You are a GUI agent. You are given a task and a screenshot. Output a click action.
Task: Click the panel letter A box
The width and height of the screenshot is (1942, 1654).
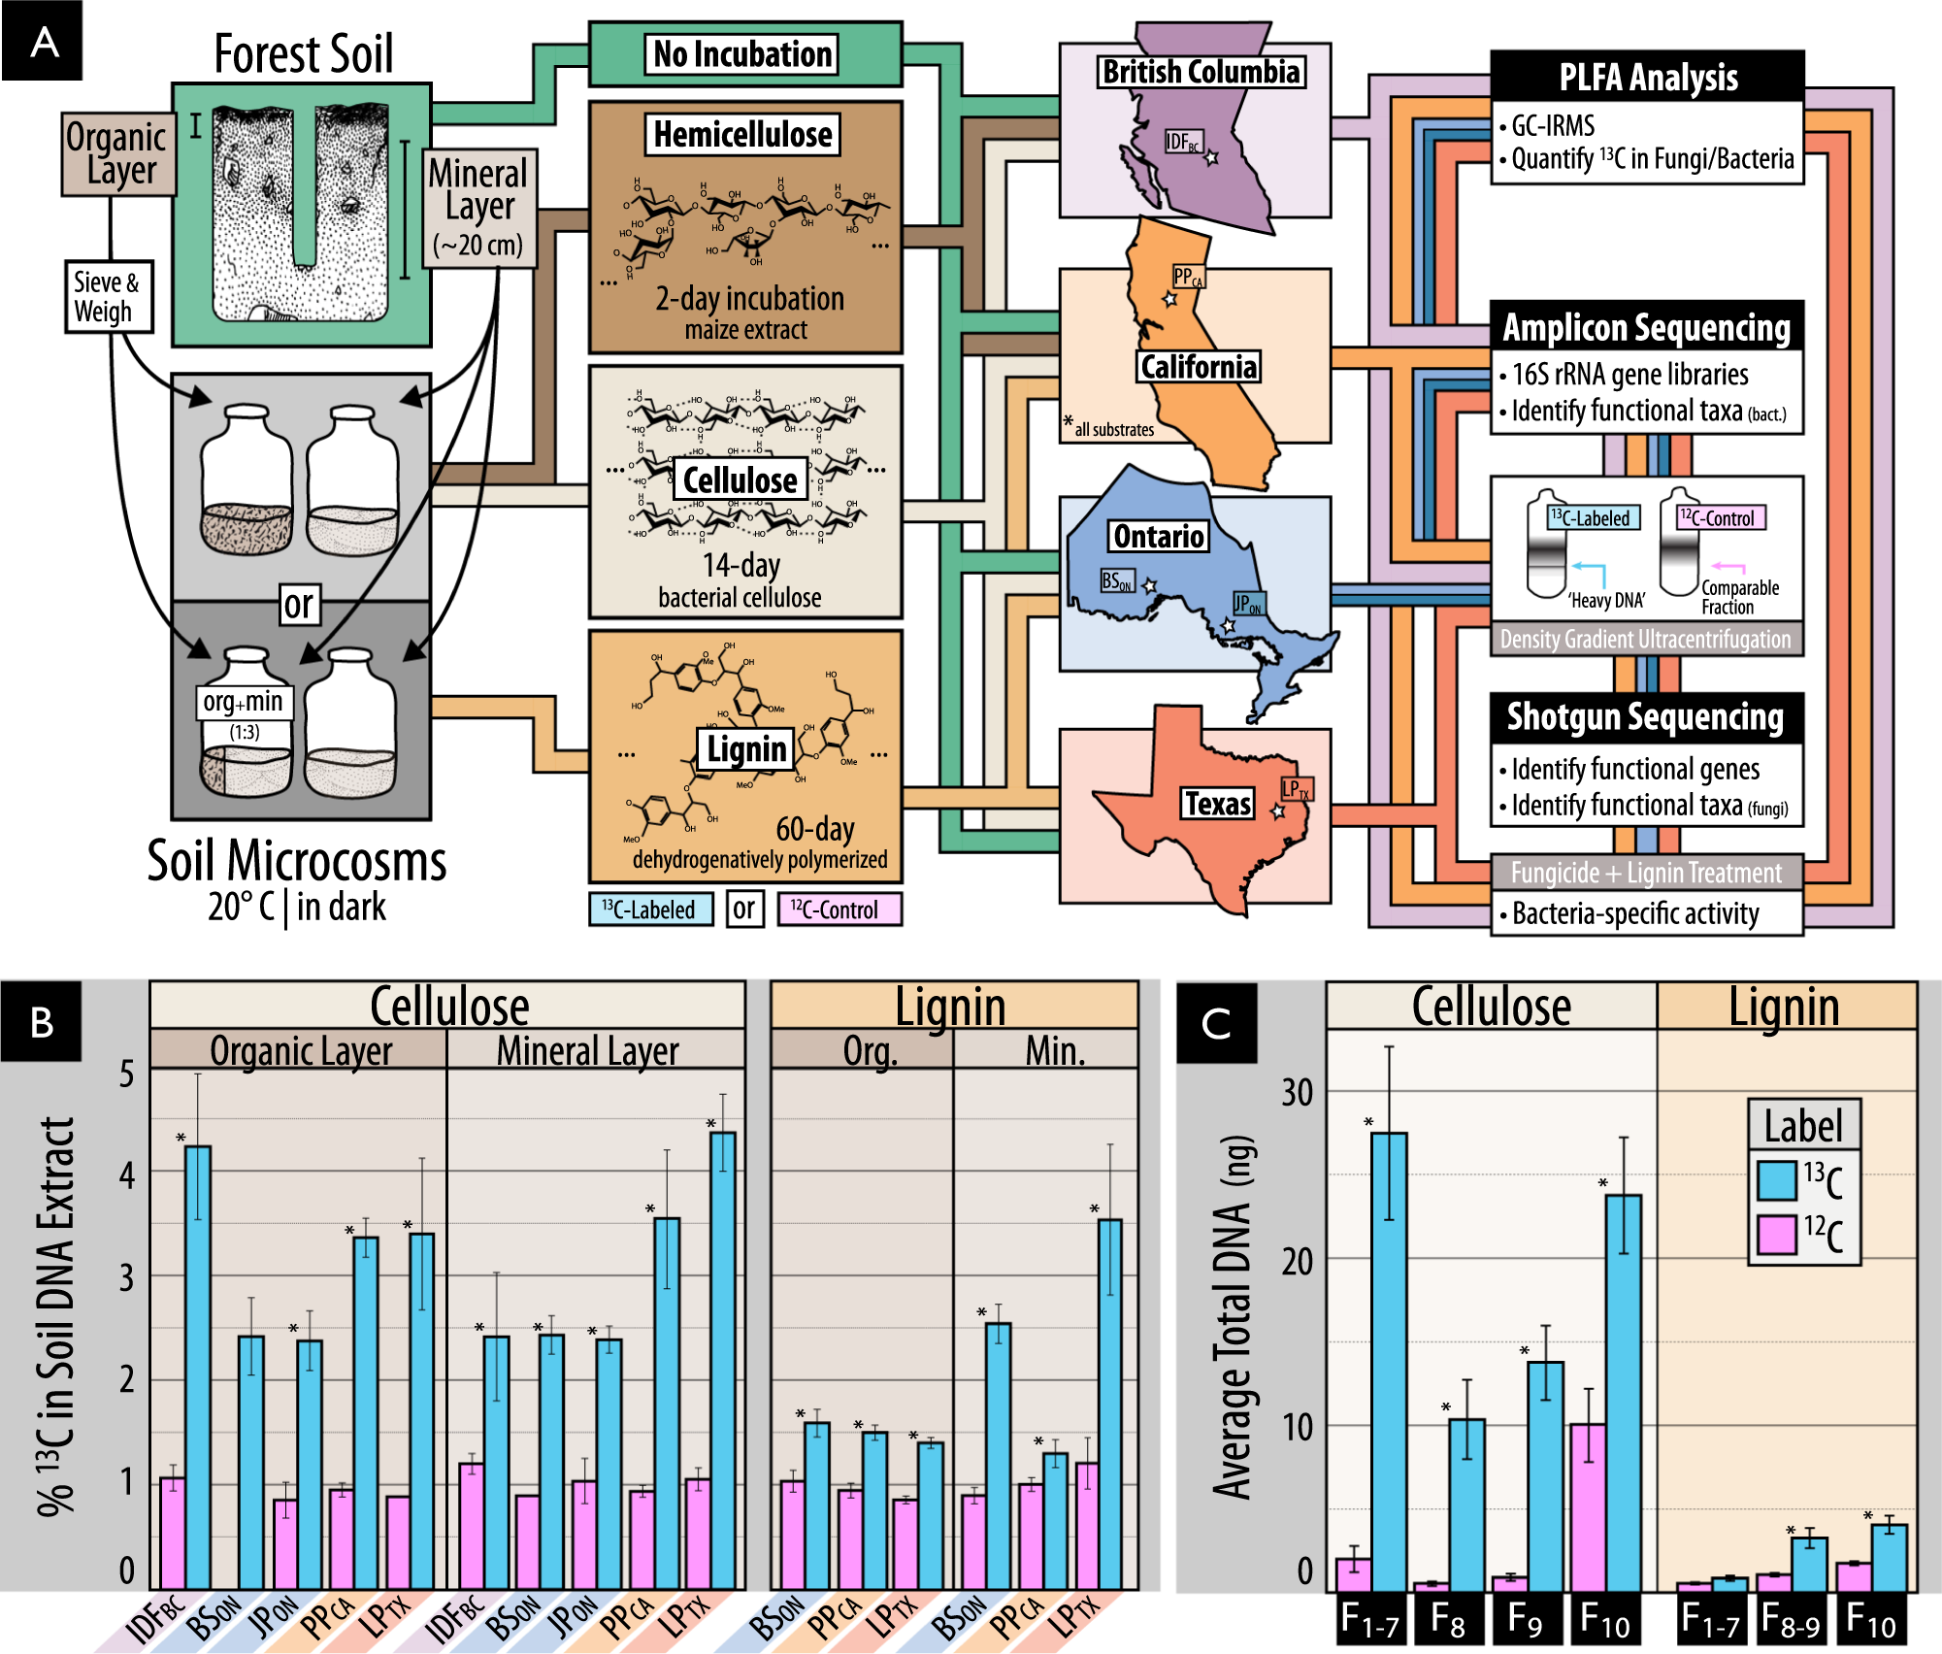42,41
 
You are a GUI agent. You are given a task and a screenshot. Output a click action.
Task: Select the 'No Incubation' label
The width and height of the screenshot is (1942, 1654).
742,54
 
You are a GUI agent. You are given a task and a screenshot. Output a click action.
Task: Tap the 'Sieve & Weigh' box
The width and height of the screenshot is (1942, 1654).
108,296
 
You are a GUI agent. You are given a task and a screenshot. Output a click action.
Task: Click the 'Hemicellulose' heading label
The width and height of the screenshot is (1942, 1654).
742,134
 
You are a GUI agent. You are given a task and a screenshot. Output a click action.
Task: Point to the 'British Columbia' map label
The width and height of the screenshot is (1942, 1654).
1201,72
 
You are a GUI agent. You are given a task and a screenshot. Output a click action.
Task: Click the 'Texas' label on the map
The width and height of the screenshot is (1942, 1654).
1217,804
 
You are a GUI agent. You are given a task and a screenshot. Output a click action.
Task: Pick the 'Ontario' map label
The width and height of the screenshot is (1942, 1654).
1159,536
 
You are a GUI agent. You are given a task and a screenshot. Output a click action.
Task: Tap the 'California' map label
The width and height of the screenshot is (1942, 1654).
1199,367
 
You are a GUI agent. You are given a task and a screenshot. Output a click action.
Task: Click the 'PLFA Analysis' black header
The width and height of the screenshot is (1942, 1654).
1647,77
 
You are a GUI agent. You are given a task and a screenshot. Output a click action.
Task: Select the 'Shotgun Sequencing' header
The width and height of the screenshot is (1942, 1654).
1646,717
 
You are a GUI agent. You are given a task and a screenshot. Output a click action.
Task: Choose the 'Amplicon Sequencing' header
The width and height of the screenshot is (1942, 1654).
1646,327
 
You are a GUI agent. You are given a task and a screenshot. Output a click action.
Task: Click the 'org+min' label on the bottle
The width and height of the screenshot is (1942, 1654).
243,702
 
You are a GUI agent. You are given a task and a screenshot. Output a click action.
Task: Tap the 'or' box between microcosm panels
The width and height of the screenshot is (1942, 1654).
299,604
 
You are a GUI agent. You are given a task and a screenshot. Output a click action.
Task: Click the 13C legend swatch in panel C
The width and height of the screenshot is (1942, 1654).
1776,1179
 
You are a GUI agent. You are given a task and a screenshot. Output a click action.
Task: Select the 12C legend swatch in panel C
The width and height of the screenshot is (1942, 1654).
1776,1234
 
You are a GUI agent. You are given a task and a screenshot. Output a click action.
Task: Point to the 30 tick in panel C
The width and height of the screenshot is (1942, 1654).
1297,1093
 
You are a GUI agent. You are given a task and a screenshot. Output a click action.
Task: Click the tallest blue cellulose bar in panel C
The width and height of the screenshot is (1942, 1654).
1389,1359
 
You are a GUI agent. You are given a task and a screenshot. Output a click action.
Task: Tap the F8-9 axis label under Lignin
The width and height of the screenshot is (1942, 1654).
1791,1619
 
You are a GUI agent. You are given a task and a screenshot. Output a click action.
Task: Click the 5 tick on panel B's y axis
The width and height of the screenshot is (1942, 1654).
127,1074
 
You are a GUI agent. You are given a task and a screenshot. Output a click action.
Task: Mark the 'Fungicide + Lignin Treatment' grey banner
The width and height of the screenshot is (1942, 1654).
1646,873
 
